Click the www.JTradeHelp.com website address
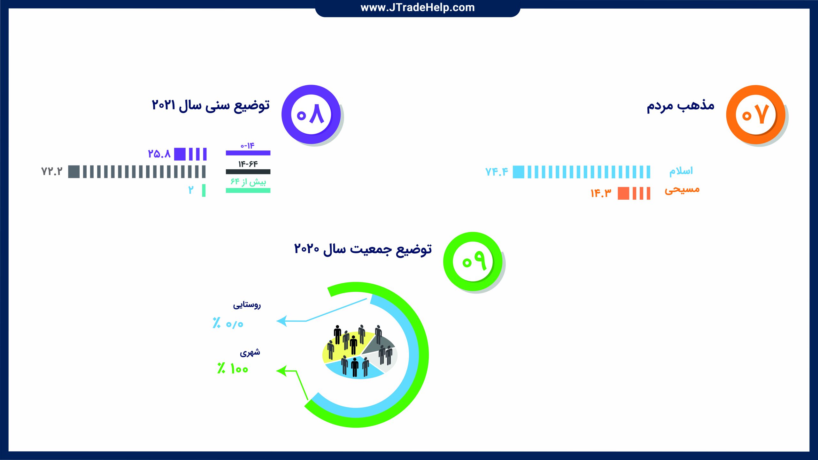tap(418, 7)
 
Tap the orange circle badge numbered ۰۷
tap(755, 114)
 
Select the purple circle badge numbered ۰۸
tap(311, 114)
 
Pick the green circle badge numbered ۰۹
tap(473, 261)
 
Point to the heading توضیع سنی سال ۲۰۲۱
tap(211, 105)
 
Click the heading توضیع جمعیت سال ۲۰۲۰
tap(363, 249)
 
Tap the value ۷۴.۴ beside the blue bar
tap(497, 172)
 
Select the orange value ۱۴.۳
tap(601, 193)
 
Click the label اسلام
tap(681, 171)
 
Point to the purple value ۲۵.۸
tap(159, 154)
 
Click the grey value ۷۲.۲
tap(52, 172)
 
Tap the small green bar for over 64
tap(204, 190)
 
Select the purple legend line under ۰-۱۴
tap(248, 153)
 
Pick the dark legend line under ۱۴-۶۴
tap(248, 172)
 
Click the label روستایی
tap(247, 304)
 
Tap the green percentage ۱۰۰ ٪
tap(233, 369)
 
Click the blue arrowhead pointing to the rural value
tap(282, 321)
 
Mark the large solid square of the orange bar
tap(623, 193)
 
